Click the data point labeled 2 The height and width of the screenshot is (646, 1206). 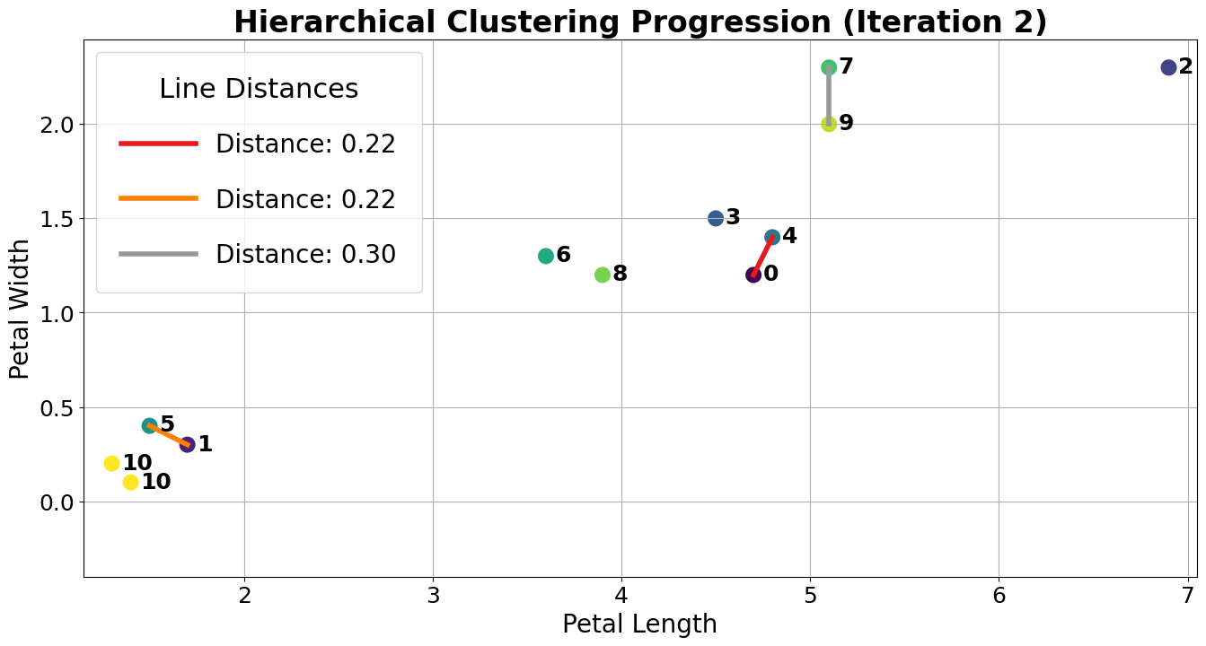[x=1168, y=67]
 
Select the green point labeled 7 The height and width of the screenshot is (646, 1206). [x=829, y=67]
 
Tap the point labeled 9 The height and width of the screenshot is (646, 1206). [x=829, y=124]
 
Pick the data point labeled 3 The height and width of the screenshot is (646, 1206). [x=716, y=218]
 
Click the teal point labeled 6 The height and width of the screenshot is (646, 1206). [x=546, y=256]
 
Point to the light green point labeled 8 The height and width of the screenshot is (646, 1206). [x=603, y=275]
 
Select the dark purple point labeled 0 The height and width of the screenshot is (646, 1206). [x=753, y=275]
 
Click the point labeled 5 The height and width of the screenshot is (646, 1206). [x=150, y=425]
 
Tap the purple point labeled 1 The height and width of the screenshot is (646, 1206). [x=187, y=444]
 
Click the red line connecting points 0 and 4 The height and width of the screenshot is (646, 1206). [x=763, y=256]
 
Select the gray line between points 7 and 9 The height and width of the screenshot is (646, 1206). [x=829, y=96]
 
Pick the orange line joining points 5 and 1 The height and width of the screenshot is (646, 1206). [x=169, y=435]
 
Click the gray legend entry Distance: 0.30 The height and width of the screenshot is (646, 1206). [x=305, y=255]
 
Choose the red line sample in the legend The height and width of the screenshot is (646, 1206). [x=158, y=144]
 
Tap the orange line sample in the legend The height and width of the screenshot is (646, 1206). [x=158, y=198]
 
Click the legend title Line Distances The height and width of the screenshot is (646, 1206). [x=259, y=89]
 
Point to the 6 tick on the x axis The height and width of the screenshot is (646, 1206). [x=999, y=594]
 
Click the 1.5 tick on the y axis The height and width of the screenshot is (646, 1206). [x=56, y=219]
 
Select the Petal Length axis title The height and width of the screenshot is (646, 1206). [x=639, y=624]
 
